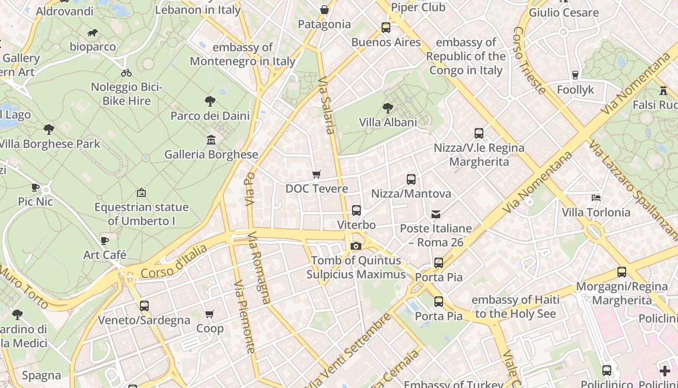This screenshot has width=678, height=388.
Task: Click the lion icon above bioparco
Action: point(92,33)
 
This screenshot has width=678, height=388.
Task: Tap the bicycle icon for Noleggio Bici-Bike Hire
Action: point(126,73)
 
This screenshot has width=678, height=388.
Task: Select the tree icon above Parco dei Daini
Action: point(210,101)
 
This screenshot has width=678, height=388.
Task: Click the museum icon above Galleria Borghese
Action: point(211,140)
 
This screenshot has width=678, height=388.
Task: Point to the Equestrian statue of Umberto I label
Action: point(141,214)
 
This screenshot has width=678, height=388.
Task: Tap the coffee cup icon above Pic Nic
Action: point(35,187)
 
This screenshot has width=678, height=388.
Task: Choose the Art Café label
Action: point(105,255)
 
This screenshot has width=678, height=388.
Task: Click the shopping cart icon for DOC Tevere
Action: point(316,174)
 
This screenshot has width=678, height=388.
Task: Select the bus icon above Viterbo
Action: point(356,210)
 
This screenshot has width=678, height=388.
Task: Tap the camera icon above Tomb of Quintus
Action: point(356,246)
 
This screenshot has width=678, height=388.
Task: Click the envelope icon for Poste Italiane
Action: point(436,214)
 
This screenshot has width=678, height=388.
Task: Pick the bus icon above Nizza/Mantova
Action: point(411,179)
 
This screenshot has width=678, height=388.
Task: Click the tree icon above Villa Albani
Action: point(387,108)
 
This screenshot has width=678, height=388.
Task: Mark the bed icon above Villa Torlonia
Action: point(596,198)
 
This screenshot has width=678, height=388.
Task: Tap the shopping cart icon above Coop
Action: point(210,314)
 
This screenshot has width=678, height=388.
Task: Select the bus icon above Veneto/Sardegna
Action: point(144,306)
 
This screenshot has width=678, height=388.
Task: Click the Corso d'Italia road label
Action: point(173,262)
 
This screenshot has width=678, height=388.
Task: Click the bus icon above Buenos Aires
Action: point(386,28)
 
